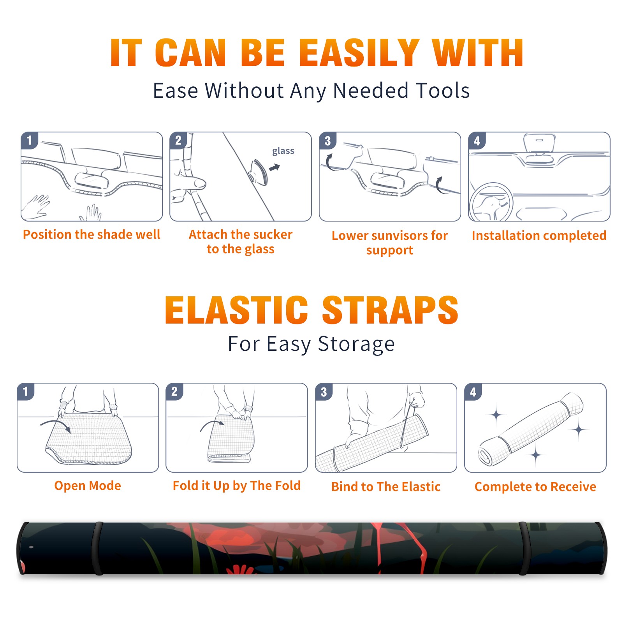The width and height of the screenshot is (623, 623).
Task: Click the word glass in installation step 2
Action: tap(283, 151)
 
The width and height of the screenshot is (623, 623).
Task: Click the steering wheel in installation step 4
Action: tap(491, 202)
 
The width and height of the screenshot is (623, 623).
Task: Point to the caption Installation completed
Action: tap(539, 236)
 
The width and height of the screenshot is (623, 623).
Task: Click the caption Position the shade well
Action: tap(92, 234)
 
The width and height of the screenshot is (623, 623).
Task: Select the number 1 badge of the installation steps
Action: tap(29, 140)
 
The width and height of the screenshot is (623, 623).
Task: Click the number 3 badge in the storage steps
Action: tap(324, 392)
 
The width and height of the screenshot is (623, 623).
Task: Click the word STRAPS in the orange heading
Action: tap(390, 310)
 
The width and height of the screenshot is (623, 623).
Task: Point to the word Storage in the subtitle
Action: tap(356, 344)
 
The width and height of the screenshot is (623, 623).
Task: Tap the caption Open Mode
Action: tap(88, 486)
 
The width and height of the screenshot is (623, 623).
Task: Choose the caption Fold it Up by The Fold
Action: tap(237, 486)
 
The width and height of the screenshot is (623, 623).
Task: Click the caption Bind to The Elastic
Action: tap(386, 487)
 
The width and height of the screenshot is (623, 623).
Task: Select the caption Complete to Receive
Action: tap(535, 487)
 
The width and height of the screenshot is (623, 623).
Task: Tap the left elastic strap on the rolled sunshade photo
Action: tap(97, 549)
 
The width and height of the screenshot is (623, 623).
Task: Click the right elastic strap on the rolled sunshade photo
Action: tap(524, 549)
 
